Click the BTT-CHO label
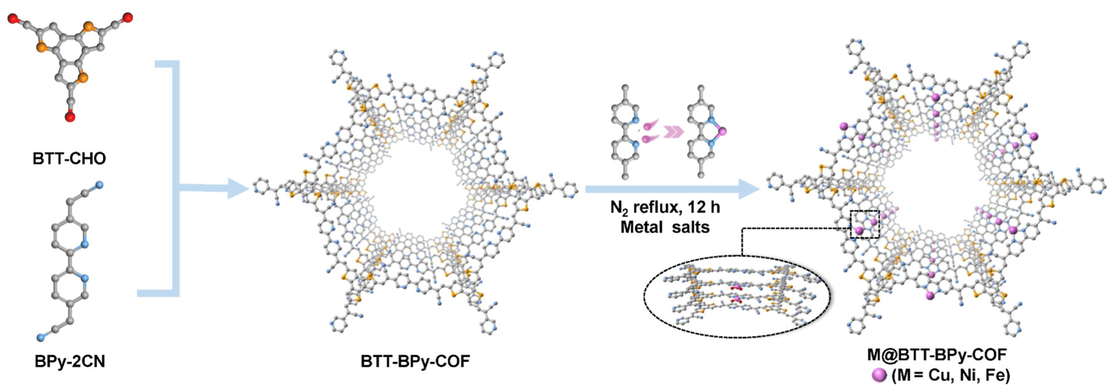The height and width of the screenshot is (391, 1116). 69,158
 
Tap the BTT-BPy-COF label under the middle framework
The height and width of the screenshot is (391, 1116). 415,361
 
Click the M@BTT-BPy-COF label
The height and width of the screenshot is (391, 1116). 937,355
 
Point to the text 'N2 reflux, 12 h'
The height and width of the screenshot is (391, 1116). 665,207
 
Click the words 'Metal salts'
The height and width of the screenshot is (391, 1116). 665,227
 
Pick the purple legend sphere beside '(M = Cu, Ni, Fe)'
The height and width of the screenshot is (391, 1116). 880,375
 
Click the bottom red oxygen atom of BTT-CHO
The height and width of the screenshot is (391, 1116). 70,117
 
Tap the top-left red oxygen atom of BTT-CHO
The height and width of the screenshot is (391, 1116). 13,19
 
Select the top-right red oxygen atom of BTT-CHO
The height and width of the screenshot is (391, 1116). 128,18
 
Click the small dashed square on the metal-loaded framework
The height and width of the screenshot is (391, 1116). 865,224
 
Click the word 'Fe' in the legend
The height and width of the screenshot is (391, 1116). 995,375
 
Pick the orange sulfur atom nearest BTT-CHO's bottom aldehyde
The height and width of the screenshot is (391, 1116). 84,78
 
